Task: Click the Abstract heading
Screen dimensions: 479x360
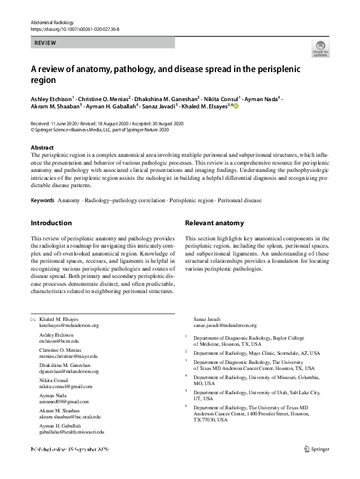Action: pyautogui.click(x=42, y=148)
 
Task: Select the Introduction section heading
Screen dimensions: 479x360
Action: pyautogui.click(x=51, y=223)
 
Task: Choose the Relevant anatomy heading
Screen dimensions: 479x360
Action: pyautogui.click(x=214, y=223)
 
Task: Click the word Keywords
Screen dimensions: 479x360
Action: pyautogui.click(x=42, y=199)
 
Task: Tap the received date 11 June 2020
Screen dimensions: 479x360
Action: pyautogui.click(x=67, y=123)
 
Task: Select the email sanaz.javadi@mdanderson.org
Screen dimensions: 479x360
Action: pyautogui.click(x=225, y=325)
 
